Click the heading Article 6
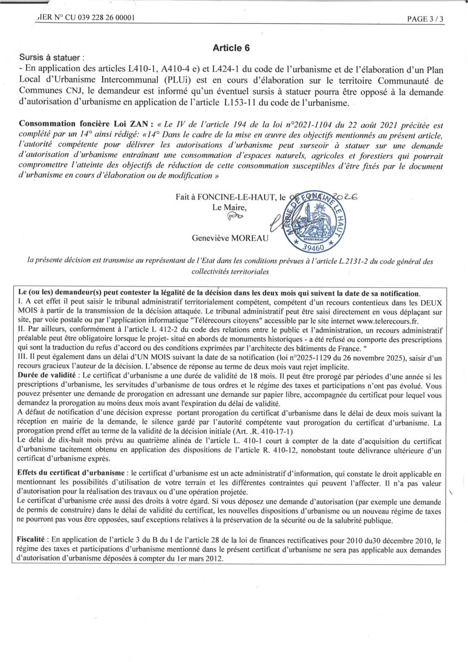[x=232, y=48]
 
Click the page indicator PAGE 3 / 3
[x=425, y=18]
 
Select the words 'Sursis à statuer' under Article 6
[x=51, y=57]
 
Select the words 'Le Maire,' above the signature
[x=226, y=207]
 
